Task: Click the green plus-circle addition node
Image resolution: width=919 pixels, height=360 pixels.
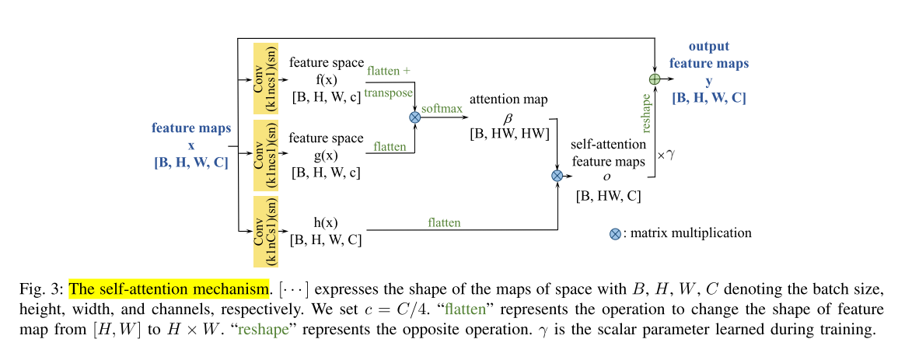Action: [655, 79]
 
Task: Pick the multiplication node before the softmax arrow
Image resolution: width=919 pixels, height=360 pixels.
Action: [414, 117]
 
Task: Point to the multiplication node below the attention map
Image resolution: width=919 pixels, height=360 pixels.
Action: [557, 176]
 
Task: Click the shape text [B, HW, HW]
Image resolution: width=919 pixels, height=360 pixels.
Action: [509, 135]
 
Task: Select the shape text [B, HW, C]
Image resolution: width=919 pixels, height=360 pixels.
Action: [608, 196]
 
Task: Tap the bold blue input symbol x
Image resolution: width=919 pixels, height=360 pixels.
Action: [190, 145]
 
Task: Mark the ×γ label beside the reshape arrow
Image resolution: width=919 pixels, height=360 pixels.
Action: [666, 155]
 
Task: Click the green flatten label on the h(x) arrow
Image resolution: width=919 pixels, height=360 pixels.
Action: [444, 222]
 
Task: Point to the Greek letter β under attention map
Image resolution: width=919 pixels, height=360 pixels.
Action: [509, 118]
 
